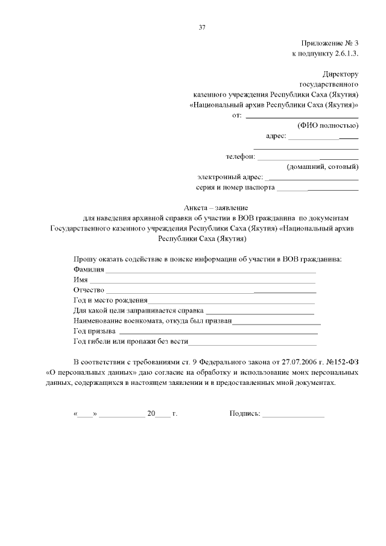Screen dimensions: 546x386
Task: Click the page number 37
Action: coord(203,27)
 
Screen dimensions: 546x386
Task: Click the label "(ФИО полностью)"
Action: coord(328,125)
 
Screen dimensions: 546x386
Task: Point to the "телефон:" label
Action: coord(241,156)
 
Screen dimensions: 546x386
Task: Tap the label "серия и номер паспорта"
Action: coord(236,188)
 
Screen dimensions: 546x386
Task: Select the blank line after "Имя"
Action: coord(203,281)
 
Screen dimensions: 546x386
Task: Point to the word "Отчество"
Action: coord(89,291)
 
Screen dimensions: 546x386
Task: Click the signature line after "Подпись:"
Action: coord(294,416)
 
